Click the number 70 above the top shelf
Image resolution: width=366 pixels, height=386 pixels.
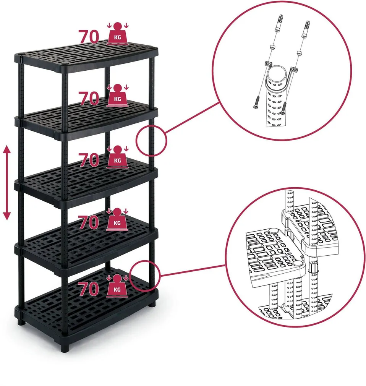point(89,37)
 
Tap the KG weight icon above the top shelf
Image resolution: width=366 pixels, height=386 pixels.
point(117,35)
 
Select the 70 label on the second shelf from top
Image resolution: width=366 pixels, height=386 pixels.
point(89,99)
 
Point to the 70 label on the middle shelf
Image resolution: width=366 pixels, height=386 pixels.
point(89,160)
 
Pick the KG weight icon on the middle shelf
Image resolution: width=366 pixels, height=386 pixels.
point(117,158)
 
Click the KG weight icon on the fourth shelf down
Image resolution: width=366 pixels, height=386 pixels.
point(117,220)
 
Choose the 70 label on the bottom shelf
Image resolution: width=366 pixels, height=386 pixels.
point(89,289)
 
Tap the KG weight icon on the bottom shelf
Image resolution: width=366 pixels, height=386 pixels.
point(117,287)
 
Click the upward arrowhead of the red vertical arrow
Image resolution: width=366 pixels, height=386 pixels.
point(7,150)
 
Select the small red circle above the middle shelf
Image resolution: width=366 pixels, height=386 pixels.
point(151,140)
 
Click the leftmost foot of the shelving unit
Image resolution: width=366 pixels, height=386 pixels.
point(21,321)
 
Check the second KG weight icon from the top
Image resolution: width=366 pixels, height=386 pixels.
point(117,97)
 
